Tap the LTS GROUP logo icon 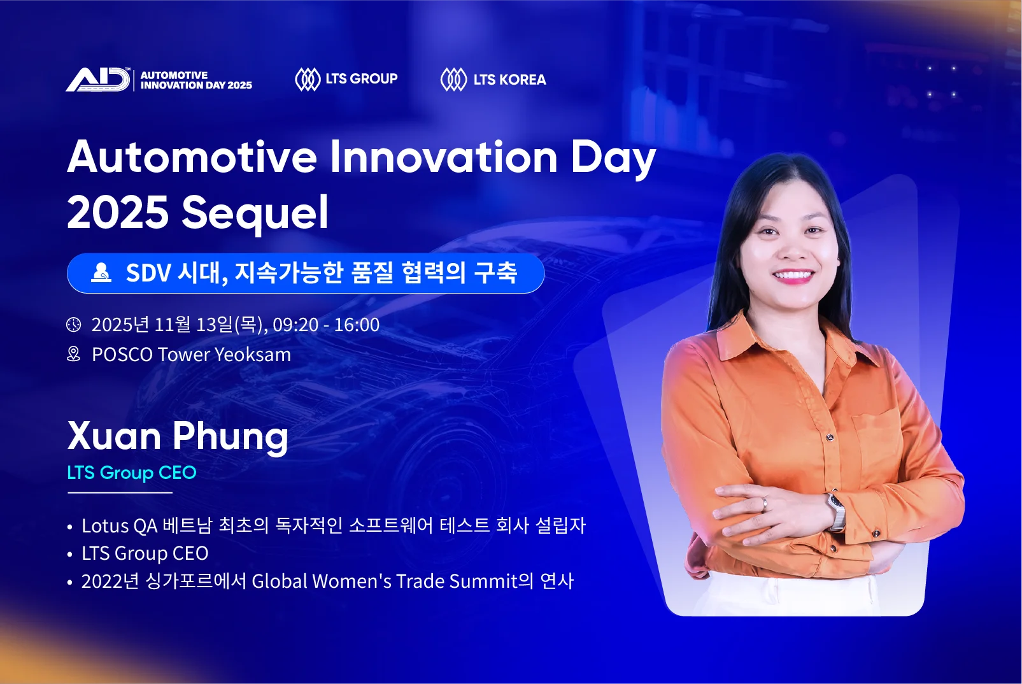[x=307, y=80]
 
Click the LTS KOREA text [x=509, y=80]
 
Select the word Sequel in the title [x=255, y=213]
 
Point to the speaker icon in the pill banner [x=101, y=273]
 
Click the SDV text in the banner [x=148, y=273]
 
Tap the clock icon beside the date [x=74, y=325]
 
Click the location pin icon [x=74, y=354]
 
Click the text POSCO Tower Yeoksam [x=191, y=355]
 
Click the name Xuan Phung [x=178, y=436]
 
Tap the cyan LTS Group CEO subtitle [x=132, y=473]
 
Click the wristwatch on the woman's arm [x=835, y=509]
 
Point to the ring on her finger [x=765, y=504]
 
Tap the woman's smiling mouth [x=793, y=276]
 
